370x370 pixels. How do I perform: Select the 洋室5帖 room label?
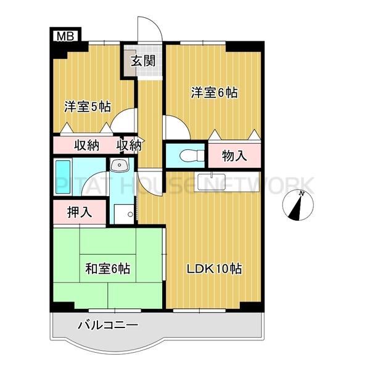88,107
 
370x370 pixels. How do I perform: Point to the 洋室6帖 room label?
214,93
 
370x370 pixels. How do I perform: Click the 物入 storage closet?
234,155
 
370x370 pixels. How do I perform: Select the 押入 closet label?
80,213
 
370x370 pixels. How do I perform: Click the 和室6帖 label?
107,269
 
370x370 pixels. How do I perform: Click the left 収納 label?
88,146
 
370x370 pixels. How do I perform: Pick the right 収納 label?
129,146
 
